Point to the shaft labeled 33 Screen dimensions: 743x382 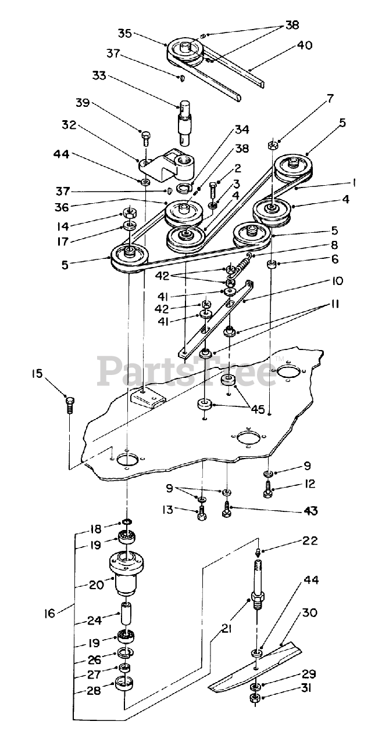(185, 122)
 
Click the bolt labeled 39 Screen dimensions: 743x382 (145, 138)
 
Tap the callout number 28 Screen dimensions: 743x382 (93, 691)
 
